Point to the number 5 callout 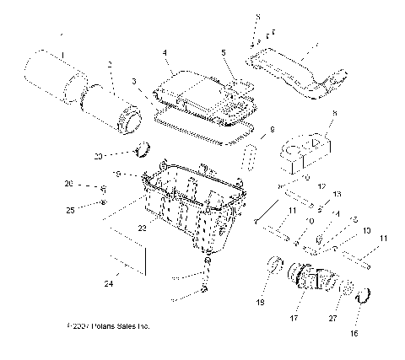point(223,52)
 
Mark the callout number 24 point(107,282)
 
